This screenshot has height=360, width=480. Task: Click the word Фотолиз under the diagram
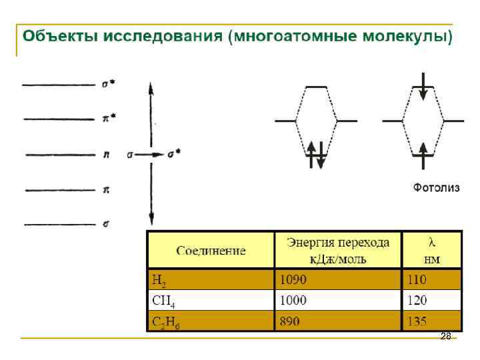[437, 188]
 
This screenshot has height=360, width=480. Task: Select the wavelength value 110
[417, 279]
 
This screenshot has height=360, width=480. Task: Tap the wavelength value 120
[417, 301]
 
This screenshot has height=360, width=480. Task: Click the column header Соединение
[211, 251]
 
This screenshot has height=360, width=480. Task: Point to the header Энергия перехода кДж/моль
[339, 250]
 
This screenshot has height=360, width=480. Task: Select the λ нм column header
[432, 250]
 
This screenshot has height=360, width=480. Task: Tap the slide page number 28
[446, 337]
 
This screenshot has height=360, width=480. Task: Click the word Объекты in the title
[56, 36]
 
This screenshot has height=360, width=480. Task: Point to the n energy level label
[107, 155]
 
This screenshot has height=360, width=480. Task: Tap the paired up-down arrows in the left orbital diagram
[316, 155]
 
